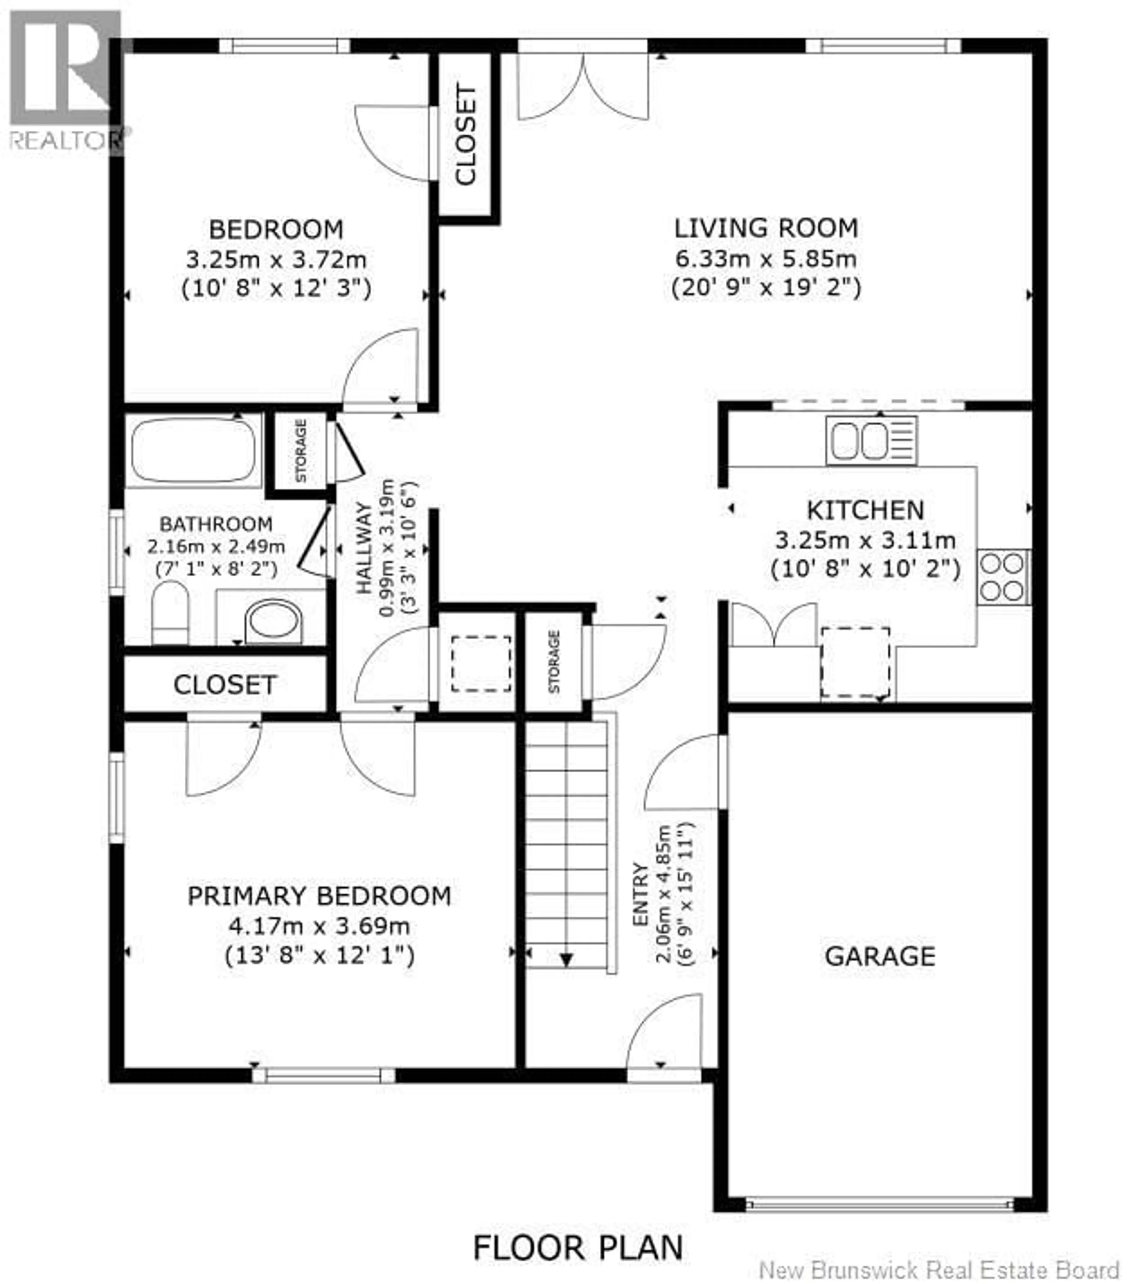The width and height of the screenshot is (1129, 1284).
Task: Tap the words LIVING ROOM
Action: [765, 228]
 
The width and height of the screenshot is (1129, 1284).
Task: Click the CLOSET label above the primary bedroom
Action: [225, 685]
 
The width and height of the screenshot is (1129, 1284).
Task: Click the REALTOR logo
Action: [65, 82]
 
